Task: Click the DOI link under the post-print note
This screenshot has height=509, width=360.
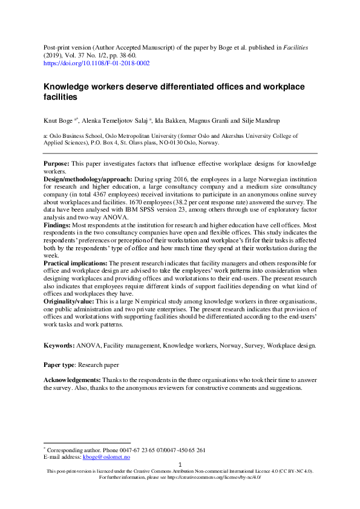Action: pos(97,63)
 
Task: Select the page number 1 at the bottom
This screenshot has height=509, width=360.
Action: pos(180,465)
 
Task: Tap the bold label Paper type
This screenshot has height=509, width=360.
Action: pos(61,365)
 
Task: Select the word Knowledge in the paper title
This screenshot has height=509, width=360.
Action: pos(71,86)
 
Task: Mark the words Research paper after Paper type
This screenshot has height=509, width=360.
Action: pos(96,365)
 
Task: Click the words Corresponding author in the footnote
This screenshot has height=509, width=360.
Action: pos(71,450)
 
